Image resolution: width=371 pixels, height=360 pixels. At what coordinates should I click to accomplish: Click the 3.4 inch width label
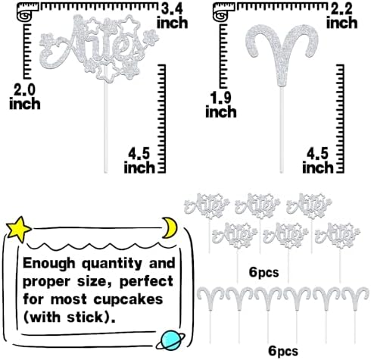[x=173, y=16]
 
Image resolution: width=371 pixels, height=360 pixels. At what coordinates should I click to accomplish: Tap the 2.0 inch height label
[x=25, y=97]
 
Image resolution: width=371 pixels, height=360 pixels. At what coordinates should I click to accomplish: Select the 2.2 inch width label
[x=342, y=16]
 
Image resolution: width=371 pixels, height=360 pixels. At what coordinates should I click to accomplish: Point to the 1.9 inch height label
[x=221, y=105]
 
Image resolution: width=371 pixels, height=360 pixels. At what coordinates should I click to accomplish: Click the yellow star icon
[x=19, y=229]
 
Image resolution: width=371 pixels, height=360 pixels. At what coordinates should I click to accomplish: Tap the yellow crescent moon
[x=170, y=228]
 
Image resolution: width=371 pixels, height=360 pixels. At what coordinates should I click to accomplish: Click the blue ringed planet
[x=171, y=340]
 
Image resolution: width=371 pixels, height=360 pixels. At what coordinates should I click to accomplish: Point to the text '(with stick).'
[x=70, y=318]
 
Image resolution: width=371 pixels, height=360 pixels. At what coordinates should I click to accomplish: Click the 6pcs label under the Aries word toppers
[x=264, y=272]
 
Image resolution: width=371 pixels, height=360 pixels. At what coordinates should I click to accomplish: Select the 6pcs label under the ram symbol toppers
[x=283, y=351]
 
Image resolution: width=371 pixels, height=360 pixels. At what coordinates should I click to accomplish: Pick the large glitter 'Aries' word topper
[x=99, y=48]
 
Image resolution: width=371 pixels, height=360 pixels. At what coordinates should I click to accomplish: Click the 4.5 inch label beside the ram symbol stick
[x=318, y=161]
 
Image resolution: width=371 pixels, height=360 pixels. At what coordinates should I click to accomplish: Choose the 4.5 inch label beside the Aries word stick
[x=139, y=161]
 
